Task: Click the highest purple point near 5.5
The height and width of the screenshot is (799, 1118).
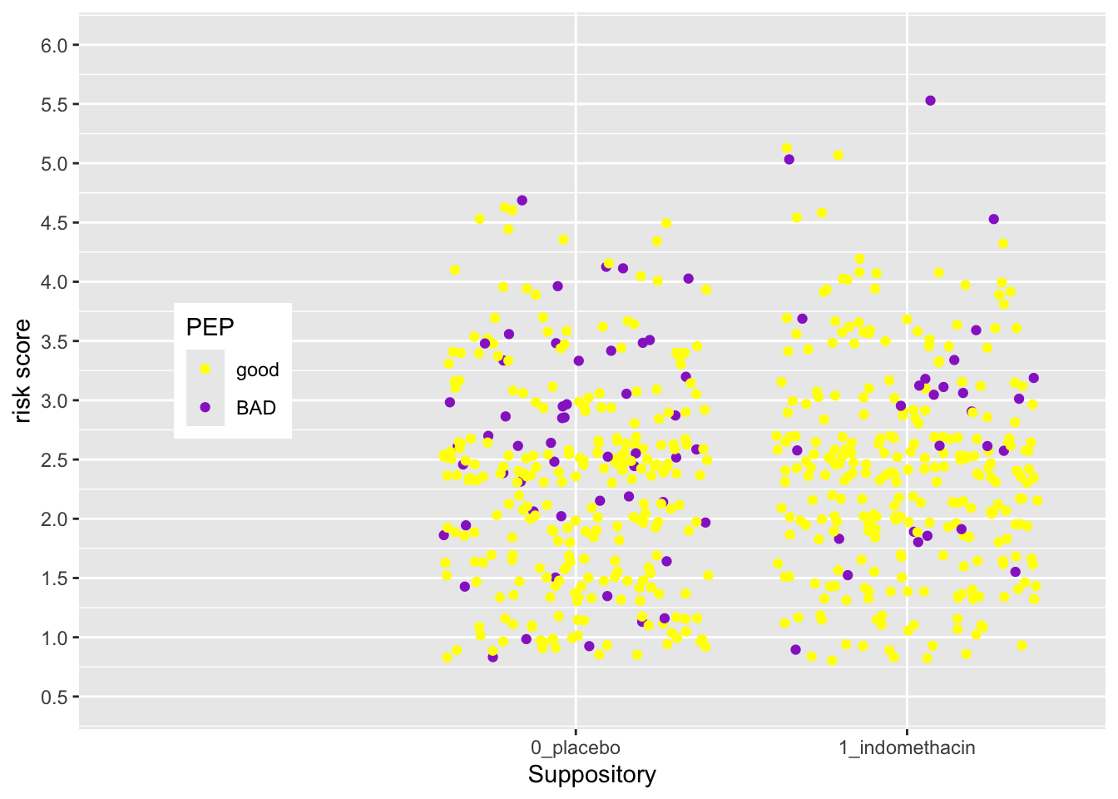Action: point(930,101)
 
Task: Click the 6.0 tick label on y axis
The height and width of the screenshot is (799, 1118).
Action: point(54,45)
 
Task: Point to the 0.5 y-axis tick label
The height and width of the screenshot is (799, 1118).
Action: point(54,697)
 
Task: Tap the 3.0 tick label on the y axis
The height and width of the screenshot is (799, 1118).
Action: point(54,400)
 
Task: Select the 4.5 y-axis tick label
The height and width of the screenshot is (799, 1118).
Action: point(54,223)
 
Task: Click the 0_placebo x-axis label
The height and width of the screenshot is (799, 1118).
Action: point(575,747)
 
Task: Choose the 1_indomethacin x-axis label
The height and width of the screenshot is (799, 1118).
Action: point(907,747)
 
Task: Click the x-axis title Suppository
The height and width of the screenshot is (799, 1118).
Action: point(591,775)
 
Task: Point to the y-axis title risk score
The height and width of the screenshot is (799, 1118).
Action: point(22,371)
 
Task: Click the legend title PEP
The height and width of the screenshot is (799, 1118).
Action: point(210,327)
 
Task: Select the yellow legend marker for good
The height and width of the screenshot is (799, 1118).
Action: point(205,370)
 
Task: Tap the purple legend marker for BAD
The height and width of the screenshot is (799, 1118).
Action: point(205,408)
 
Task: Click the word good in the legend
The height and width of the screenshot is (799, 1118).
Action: point(257,370)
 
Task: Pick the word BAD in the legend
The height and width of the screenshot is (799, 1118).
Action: point(255,408)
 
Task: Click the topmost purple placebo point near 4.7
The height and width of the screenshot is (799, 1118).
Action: point(522,201)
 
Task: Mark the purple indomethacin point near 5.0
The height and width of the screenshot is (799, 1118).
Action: point(789,160)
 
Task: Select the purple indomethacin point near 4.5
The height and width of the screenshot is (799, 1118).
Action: point(993,220)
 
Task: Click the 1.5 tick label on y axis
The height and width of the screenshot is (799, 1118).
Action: point(54,578)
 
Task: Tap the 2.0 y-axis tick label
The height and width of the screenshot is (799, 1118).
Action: point(54,519)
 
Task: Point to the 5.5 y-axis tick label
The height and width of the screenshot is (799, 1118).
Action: point(54,105)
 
